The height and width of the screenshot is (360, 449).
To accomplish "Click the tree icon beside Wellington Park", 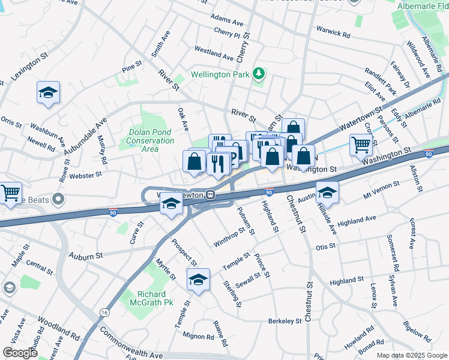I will coord(259,74).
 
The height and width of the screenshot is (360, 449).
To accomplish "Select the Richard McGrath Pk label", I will coord(146,298).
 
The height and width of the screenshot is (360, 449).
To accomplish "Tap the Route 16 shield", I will coord(105,313).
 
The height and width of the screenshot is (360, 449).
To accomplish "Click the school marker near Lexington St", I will coord(48,92).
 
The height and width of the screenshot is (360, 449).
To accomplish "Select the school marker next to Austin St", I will coord(327,193).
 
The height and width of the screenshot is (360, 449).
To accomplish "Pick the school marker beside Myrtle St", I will coord(198,280).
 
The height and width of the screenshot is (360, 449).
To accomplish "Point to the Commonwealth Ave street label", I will coord(131,343).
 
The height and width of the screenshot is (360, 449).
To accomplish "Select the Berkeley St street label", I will coord(285,321).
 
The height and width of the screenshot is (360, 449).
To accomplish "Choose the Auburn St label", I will coord(85,256).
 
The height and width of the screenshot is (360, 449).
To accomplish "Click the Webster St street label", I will coord(85,175).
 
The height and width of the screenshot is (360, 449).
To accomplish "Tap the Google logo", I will coord(20,353).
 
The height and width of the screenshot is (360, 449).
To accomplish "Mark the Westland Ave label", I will coord(214,56).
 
